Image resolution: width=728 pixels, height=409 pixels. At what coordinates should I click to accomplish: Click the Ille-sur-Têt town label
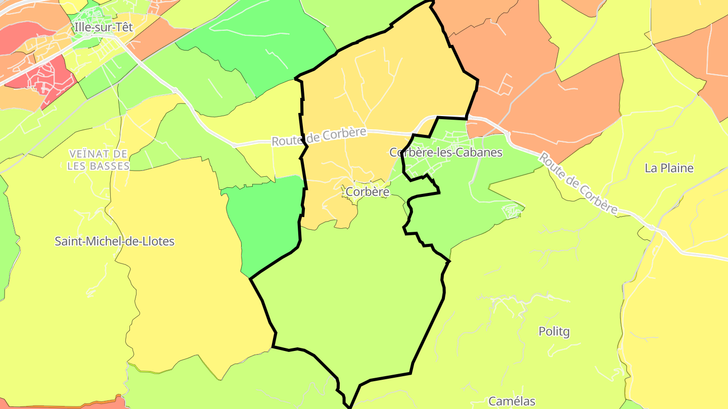tap(103, 27)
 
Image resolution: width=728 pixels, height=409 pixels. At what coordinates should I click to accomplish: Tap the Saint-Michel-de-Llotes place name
tap(114, 241)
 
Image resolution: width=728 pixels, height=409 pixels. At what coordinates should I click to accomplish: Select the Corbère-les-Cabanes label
tap(446, 152)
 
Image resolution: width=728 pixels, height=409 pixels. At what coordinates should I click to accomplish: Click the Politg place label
tap(554, 332)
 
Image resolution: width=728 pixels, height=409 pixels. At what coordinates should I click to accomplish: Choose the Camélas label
tap(512, 401)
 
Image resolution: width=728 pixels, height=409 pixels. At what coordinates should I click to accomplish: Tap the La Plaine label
tap(669, 168)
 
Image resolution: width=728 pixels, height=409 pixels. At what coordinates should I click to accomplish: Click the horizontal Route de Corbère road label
tap(318, 136)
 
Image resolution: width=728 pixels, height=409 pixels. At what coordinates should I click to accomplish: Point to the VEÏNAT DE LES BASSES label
tap(99, 160)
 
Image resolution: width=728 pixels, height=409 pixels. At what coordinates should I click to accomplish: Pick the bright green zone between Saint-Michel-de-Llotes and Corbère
tap(268, 222)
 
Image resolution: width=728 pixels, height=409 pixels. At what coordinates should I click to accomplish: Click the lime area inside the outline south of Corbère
tap(349, 298)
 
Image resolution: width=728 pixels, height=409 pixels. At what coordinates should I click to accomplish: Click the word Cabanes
tap(478, 152)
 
